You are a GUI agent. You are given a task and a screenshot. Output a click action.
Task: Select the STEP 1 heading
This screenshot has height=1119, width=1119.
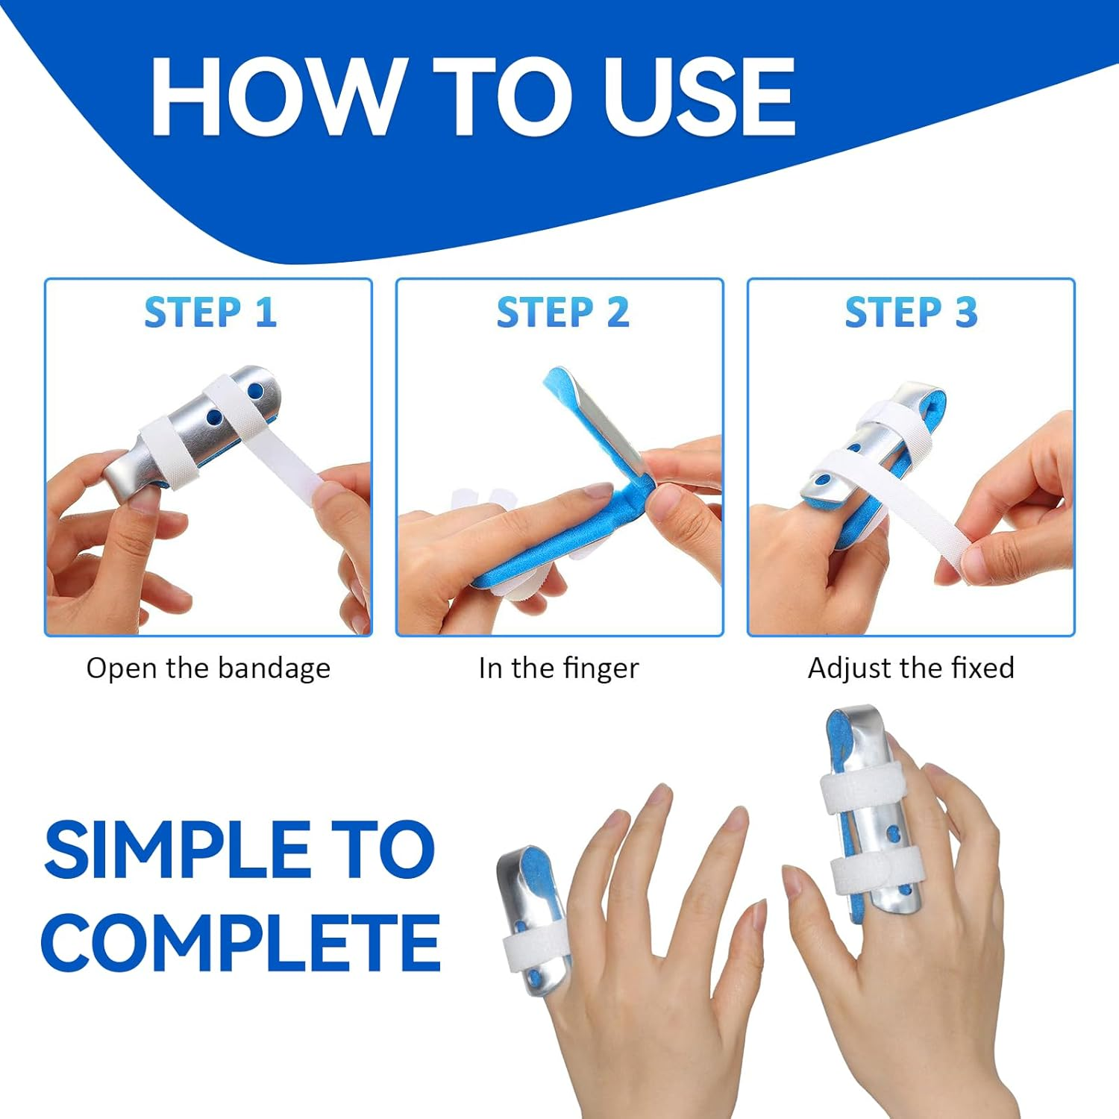click(x=210, y=312)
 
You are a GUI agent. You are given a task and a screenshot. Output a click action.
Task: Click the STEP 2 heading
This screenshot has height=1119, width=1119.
click(x=562, y=312)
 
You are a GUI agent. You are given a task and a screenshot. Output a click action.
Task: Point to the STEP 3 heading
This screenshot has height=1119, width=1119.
click(x=910, y=312)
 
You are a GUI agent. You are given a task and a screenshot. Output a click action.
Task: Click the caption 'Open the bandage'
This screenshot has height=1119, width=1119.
click(x=208, y=668)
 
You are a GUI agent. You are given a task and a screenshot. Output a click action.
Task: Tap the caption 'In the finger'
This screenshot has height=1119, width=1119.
click(x=559, y=668)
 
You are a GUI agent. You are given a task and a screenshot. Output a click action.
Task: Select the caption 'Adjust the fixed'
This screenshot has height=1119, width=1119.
click(x=910, y=668)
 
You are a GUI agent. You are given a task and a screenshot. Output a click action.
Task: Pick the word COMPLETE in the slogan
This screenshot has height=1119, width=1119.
click(x=240, y=941)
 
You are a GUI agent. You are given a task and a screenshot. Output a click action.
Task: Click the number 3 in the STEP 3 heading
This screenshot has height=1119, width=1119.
click(x=966, y=312)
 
